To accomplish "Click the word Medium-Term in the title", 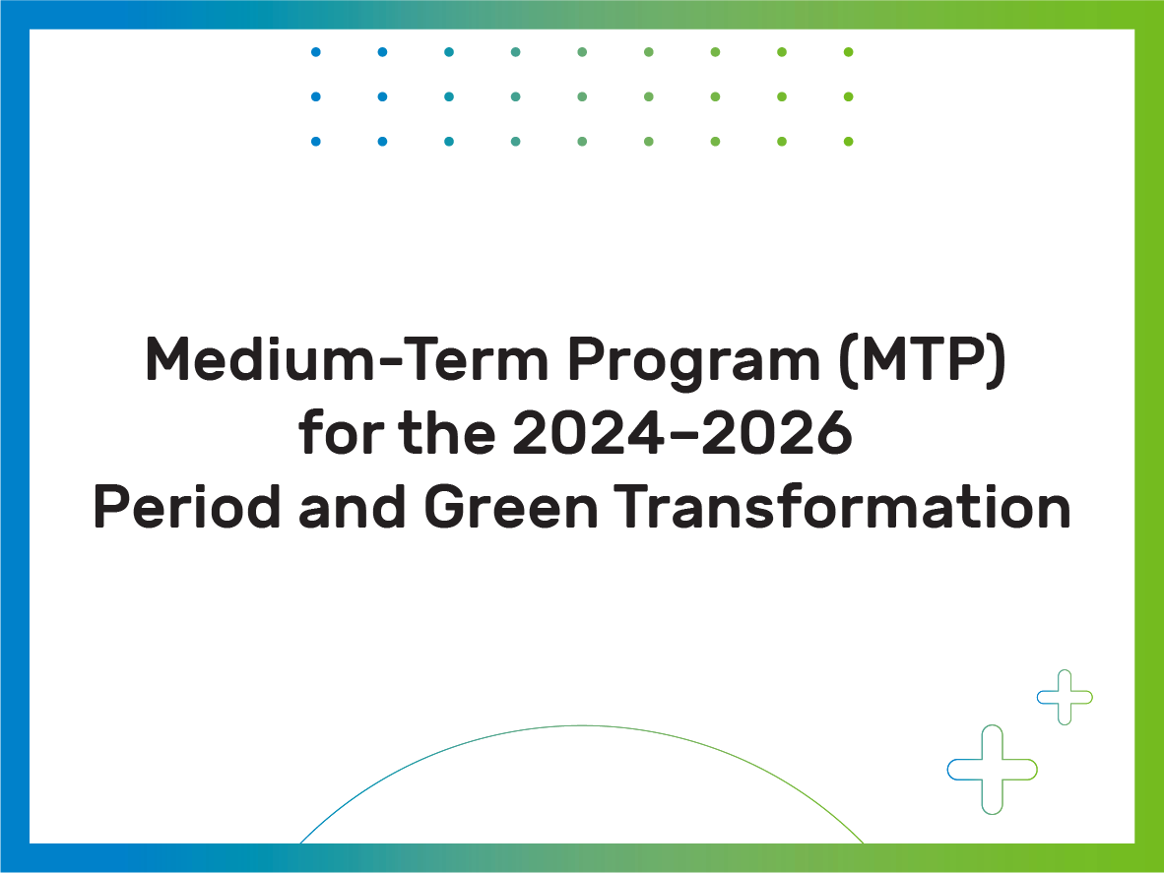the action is coord(347,359).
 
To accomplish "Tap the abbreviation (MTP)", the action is coord(923,360).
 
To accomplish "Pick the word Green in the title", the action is coord(511,507).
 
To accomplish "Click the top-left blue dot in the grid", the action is coord(315,52).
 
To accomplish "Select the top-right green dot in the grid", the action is coord(849,52).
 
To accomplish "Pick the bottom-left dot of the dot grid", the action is coord(315,141).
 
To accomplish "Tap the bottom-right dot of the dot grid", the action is coord(849,141).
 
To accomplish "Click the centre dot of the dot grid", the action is coord(582,96).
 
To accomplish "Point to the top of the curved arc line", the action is coord(582,725).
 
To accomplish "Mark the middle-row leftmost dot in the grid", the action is coord(315,96).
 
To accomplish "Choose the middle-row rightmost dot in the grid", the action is coord(849,96).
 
